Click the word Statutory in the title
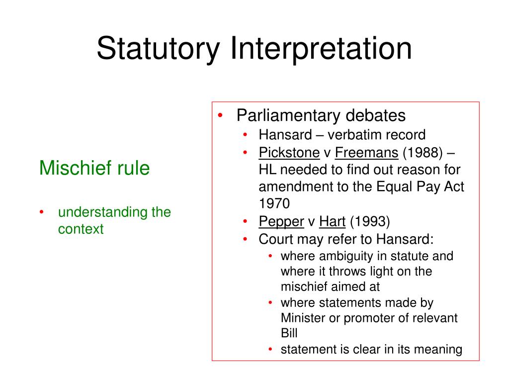tap(158, 49)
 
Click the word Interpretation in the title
tap(321, 49)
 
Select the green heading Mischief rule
tap(94, 168)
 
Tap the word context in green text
tap(81, 229)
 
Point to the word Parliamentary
tap(288, 116)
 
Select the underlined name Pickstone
tap(289, 152)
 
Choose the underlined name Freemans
tap(367, 152)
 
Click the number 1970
tap(273, 204)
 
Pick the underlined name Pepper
tap(281, 221)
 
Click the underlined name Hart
tap(333, 221)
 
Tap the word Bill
tap(289, 333)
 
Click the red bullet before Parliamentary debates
tap(221, 116)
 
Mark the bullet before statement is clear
tap(270, 349)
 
